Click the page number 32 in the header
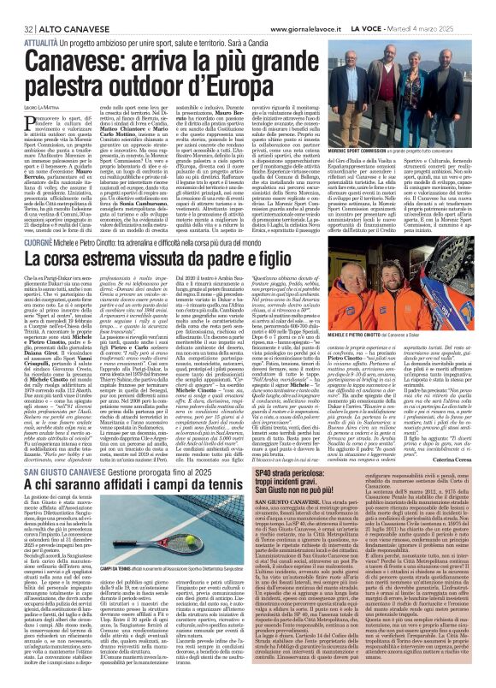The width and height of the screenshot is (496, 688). point(16,8)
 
